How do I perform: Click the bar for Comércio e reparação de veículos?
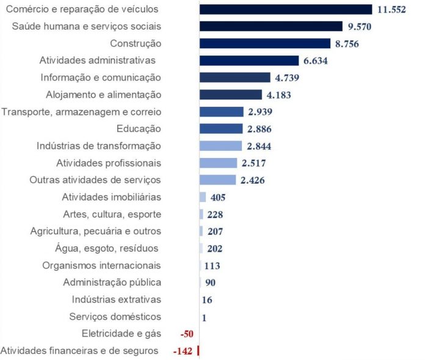point(286,9)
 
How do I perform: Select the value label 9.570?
point(358,27)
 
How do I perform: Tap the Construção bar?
point(264,43)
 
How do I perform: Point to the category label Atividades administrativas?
point(98,60)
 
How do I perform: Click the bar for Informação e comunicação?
point(235,77)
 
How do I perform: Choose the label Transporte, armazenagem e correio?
point(81,112)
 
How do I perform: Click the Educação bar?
point(221,129)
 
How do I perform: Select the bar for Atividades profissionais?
point(218,163)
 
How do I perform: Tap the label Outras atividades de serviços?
point(95,180)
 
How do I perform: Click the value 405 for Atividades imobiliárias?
point(218,198)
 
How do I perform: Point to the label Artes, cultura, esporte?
point(112,214)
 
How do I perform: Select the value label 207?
point(215,232)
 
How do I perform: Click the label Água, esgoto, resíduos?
point(107,248)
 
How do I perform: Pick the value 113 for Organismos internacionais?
point(212,266)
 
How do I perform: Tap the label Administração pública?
point(112,283)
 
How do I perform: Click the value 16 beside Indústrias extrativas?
point(206,300)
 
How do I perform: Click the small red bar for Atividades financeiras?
point(198,351)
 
